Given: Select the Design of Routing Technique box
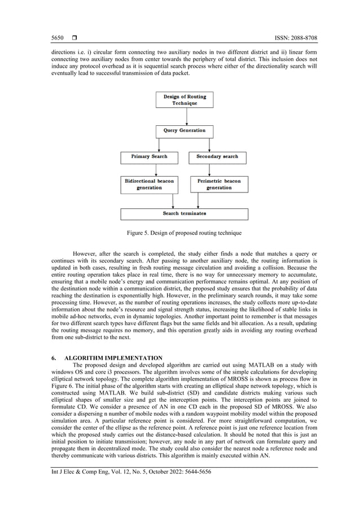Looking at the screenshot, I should (185, 100).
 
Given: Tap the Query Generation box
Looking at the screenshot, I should (185, 130).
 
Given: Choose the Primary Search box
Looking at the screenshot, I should (149, 156).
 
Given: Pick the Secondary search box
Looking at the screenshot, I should (217, 156).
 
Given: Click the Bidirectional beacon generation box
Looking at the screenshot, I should (149, 184).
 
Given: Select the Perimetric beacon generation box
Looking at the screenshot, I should (218, 184).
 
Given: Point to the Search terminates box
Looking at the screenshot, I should (185, 214).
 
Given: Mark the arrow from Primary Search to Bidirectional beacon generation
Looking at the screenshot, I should (149, 170).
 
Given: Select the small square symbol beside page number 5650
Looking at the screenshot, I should (74, 38).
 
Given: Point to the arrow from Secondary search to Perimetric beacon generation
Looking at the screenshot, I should (217, 170).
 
